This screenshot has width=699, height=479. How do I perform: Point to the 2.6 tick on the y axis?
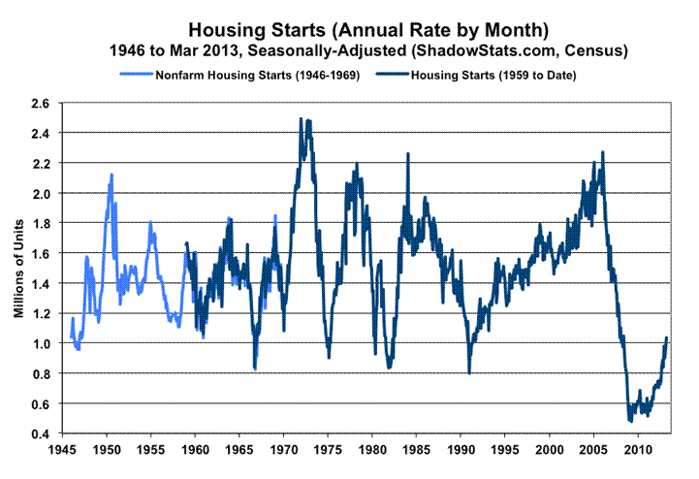[x=41, y=103]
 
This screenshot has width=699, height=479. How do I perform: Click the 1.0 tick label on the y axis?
[x=41, y=343]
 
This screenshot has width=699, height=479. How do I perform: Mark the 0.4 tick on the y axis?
[x=41, y=433]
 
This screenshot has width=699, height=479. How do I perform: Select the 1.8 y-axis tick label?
[x=41, y=223]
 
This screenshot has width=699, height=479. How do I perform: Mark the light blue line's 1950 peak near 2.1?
[x=111, y=175]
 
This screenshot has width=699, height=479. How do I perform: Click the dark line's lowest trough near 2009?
[x=630, y=421]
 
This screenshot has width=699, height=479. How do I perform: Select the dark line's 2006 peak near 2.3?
[x=603, y=152]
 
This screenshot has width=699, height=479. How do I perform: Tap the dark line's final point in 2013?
[x=667, y=337]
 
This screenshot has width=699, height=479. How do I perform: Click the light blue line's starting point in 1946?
[x=71, y=335]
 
